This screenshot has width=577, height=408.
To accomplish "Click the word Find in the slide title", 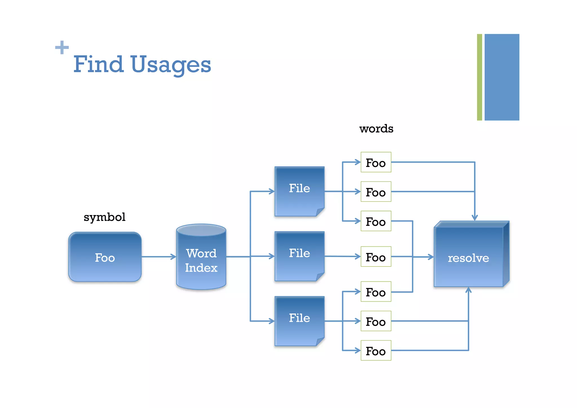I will point(98,64).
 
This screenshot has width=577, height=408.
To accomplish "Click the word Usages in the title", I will point(171,65).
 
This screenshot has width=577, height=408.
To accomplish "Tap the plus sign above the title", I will point(62,47).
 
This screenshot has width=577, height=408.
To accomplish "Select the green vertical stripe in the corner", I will point(479,77).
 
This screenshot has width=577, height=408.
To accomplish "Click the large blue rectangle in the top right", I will point(502,77).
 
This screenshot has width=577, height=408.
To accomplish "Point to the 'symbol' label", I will point(105,217).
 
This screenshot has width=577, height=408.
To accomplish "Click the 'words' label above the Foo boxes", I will point(376,129).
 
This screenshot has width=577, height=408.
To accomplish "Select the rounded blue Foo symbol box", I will point(105,257).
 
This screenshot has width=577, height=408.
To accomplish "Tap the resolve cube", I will point(469,257).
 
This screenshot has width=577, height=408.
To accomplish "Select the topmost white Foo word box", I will point(376,162).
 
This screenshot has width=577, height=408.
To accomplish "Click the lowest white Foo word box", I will point(376,350).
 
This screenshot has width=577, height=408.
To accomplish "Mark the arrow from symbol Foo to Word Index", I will point(159,257).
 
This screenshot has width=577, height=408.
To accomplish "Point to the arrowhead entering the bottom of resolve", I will point(469,290).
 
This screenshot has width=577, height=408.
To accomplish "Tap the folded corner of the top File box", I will point(320,212).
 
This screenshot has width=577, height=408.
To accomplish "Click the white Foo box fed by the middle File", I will point(376,257).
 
